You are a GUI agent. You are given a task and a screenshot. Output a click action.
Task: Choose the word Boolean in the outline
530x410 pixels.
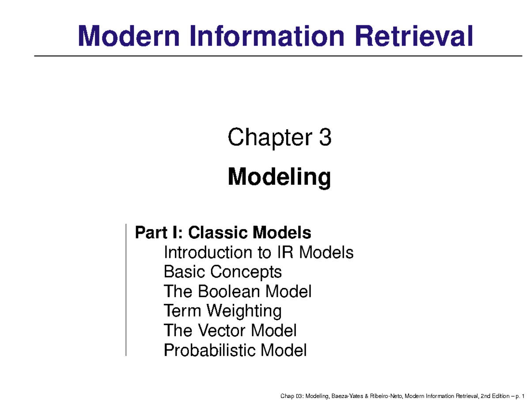coord(230,291)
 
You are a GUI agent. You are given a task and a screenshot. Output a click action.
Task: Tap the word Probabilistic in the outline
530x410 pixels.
coord(210,351)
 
